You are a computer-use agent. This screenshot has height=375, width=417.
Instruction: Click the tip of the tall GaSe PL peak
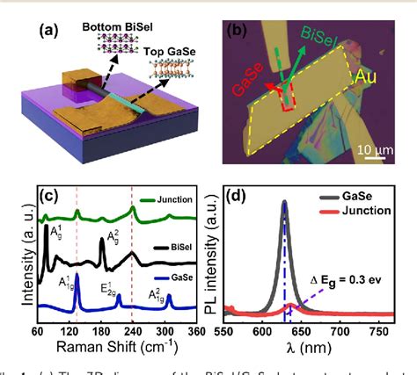click(284, 202)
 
